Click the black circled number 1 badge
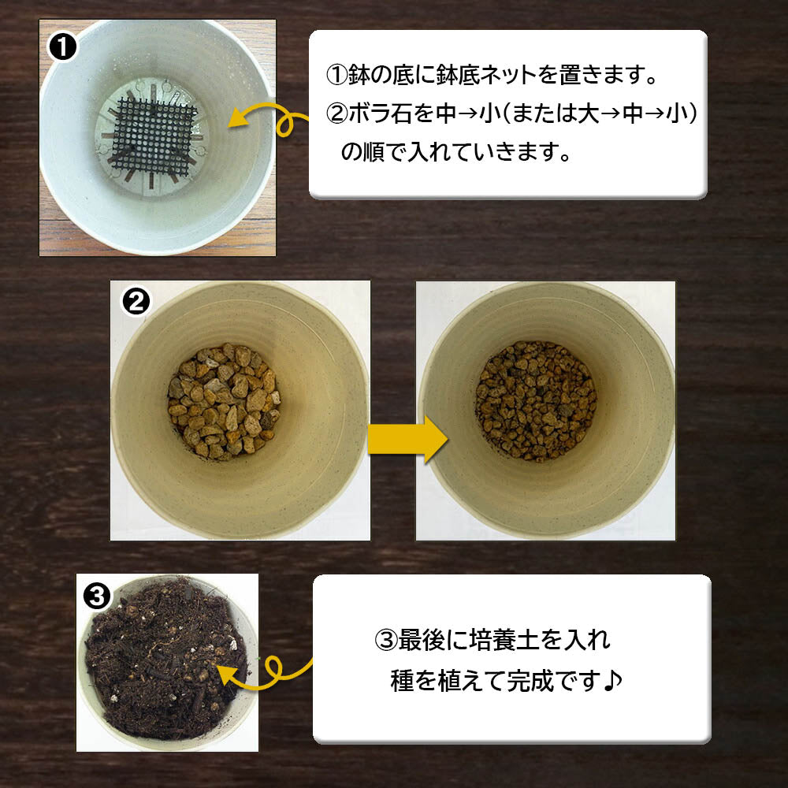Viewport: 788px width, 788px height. pos(61,47)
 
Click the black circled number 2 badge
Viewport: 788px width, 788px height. pos(136,302)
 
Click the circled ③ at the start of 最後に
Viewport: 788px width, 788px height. pos(386,640)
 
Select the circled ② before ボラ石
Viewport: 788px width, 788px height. pos(336,114)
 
